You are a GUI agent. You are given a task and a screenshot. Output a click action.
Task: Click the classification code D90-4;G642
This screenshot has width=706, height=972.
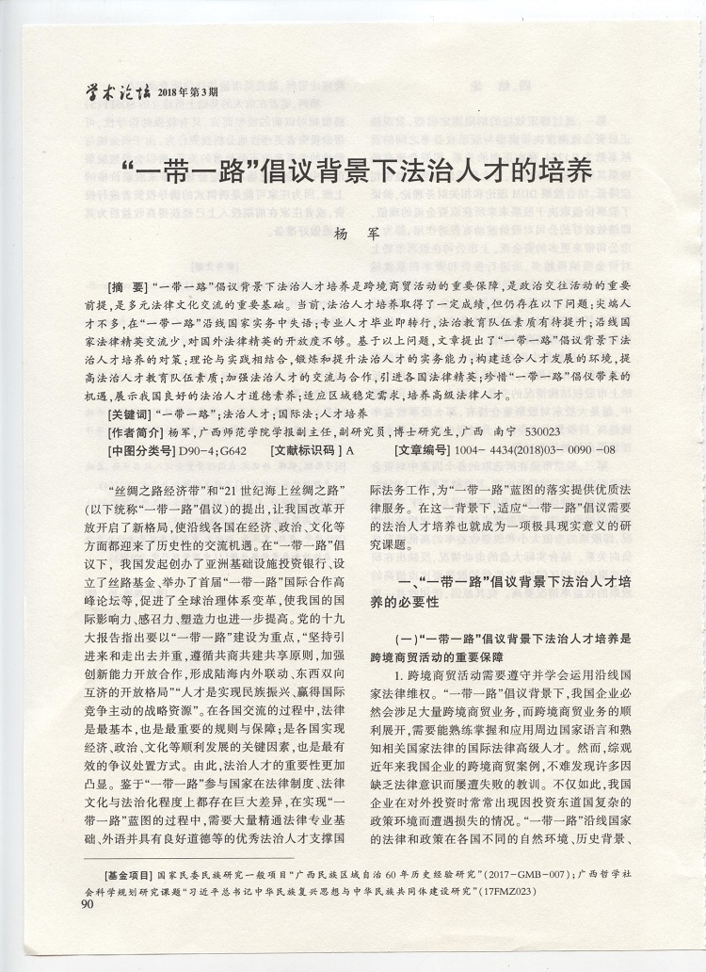click(x=212, y=450)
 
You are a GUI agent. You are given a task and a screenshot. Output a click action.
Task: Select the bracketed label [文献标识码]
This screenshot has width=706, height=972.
click(x=307, y=450)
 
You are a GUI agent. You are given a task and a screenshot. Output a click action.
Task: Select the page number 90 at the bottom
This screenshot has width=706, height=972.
click(x=88, y=906)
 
